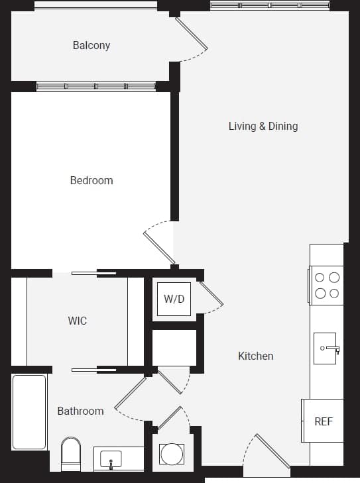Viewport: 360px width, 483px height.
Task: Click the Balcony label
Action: [91, 46]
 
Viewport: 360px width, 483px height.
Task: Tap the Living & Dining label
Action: [263, 126]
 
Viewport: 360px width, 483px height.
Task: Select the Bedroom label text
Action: [91, 180]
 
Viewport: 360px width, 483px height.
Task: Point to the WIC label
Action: [78, 321]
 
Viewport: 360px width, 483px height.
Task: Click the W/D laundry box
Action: [174, 299]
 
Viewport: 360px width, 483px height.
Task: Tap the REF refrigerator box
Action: [324, 421]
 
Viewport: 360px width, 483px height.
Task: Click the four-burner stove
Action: [326, 286]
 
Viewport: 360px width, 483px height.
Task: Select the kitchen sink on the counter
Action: [328, 349]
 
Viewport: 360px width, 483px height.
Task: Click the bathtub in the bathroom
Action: [29, 411]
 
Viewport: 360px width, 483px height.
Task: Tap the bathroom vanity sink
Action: [111, 458]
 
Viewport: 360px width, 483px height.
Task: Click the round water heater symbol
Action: [172, 455]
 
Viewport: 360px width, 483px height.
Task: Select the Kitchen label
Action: [255, 356]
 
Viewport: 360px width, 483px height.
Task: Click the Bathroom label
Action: [80, 411]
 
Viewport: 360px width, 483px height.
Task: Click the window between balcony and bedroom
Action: [96, 86]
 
